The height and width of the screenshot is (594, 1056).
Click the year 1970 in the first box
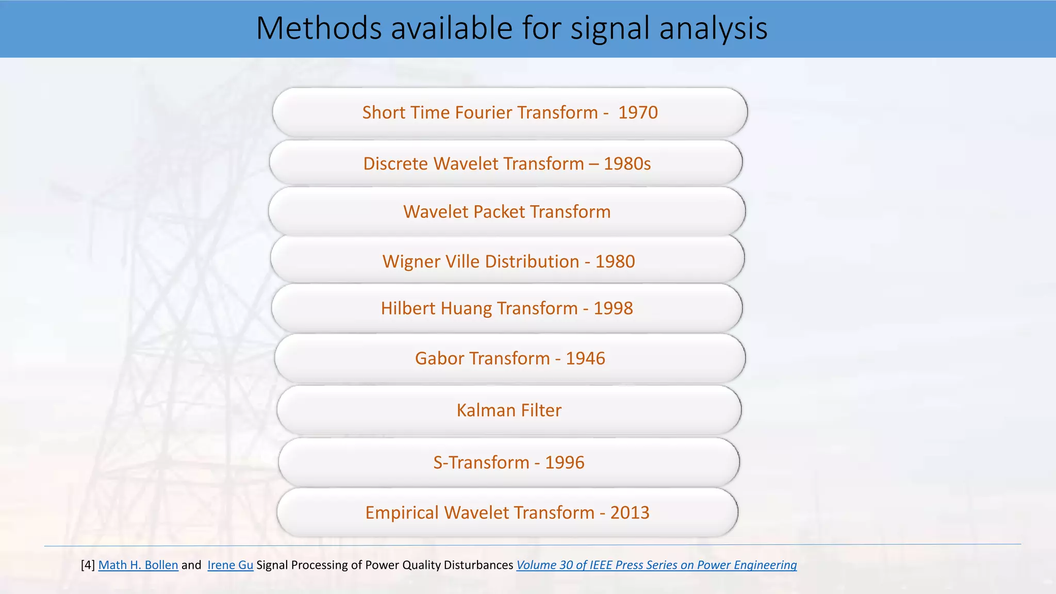[638, 112]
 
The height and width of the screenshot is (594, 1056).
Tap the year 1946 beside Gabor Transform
[585, 358]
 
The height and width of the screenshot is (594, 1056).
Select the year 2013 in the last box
[630, 513]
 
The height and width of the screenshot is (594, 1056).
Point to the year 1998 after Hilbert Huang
[613, 308]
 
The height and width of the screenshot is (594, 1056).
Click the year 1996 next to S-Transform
[565, 463]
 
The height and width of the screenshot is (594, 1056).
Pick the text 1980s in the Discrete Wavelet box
[627, 163]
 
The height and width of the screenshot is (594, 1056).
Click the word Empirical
[402, 513]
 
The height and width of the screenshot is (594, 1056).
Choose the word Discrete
[395, 163]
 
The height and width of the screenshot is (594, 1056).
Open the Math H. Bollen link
[138, 565]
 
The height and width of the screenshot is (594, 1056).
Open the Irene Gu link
[230, 565]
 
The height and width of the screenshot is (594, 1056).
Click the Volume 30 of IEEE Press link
[656, 565]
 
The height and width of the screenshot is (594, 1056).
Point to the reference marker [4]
[88, 565]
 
